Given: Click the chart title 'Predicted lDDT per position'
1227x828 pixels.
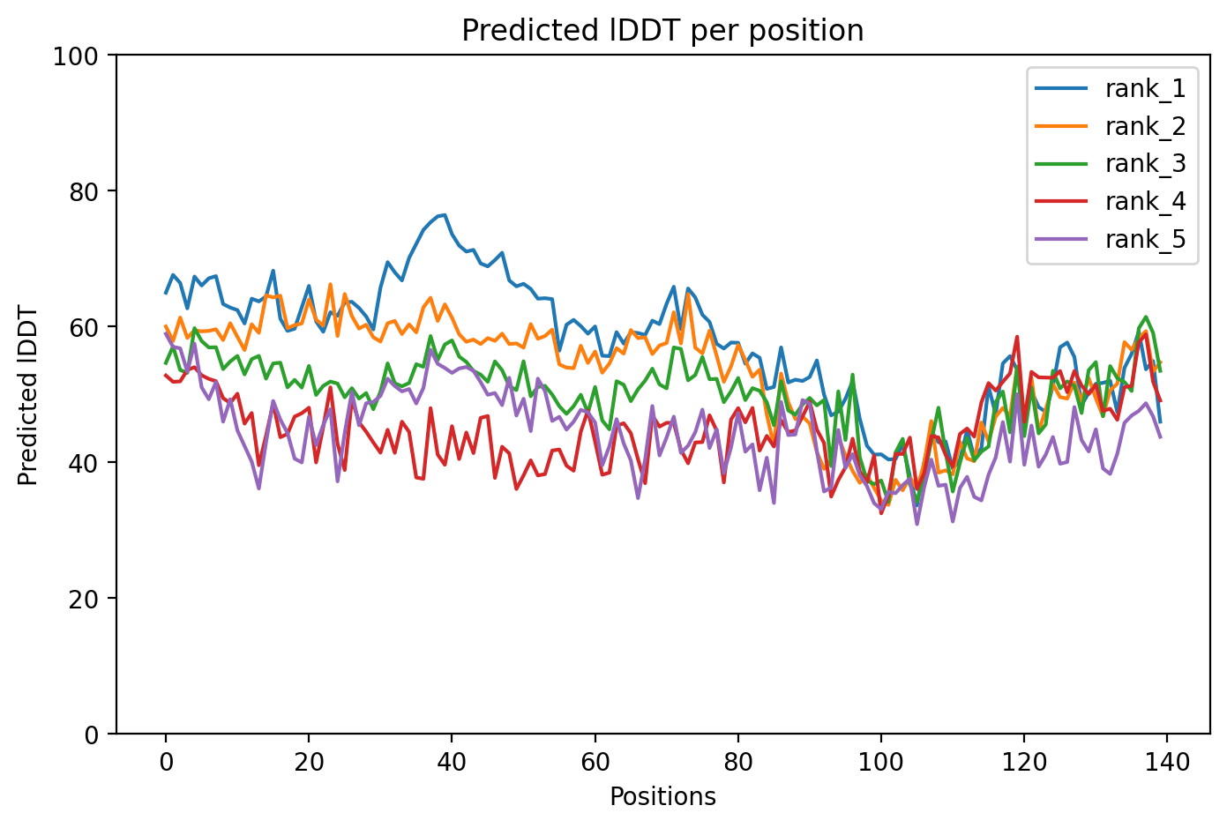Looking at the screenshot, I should (662, 31).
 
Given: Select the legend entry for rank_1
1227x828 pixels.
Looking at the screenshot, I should (1145, 89).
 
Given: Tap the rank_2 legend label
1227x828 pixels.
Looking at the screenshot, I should (1145, 127).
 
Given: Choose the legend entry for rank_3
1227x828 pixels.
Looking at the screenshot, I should (1145, 164).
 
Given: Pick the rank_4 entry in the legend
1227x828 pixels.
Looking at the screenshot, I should (1145, 202).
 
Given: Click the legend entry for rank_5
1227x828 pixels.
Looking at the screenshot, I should (1145, 239).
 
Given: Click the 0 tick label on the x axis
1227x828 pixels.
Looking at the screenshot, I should (166, 762).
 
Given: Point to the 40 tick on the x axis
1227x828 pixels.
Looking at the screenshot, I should (452, 762).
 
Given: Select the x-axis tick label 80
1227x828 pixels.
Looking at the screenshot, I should (737, 762).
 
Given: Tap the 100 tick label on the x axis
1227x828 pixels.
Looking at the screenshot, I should (880, 762).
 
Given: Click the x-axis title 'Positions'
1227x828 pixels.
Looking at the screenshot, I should (662, 797).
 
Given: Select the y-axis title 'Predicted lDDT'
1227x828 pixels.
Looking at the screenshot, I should (28, 395).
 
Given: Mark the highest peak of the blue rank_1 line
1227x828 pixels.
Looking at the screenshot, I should (445, 214).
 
